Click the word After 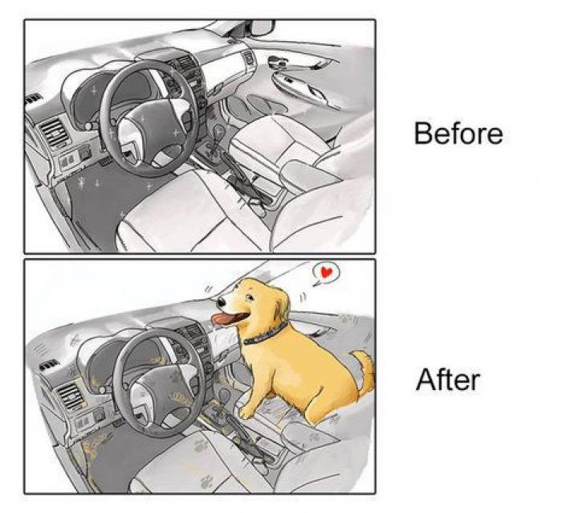pyautogui.click(x=447, y=379)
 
